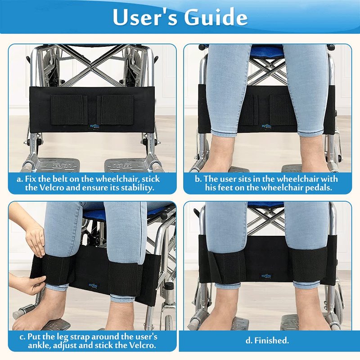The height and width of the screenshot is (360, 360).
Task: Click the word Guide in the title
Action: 216,17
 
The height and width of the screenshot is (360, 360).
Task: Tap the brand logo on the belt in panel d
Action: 266,276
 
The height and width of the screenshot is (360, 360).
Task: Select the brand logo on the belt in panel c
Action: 93,286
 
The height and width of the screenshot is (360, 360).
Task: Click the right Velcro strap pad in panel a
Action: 115,109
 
